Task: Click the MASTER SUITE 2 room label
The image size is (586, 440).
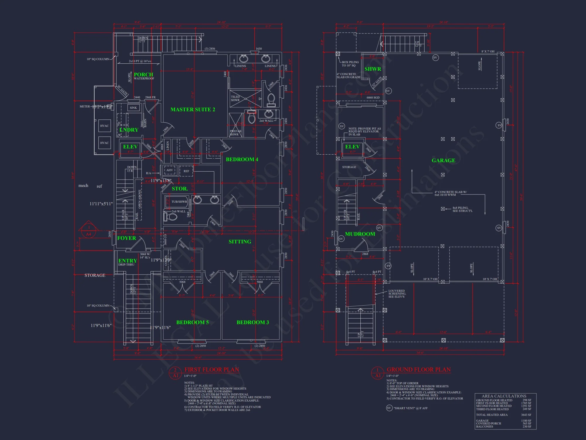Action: pyautogui.click(x=193, y=109)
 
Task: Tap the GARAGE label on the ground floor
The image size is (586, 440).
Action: pyautogui.click(x=443, y=160)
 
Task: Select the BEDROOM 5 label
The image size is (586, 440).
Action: pyautogui.click(x=192, y=322)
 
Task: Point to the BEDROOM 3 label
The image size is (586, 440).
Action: pyautogui.click(x=253, y=322)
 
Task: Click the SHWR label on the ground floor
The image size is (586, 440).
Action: pyautogui.click(x=373, y=69)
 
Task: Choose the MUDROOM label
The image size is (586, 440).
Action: pyautogui.click(x=360, y=234)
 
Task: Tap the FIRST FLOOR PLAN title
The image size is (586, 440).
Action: pyautogui.click(x=212, y=370)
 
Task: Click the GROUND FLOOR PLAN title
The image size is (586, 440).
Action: pyautogui.click(x=418, y=370)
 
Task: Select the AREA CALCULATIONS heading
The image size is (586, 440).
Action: pyautogui.click(x=504, y=396)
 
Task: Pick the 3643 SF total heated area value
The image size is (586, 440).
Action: pyautogui.click(x=526, y=415)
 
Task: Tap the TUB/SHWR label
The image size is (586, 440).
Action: pyautogui.click(x=179, y=202)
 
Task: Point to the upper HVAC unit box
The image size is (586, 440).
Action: pyautogui.click(x=105, y=126)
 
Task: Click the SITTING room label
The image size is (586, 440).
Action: pyautogui.click(x=240, y=242)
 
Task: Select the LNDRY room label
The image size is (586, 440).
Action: pyautogui.click(x=129, y=130)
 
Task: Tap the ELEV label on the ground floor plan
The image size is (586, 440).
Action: pyautogui.click(x=352, y=147)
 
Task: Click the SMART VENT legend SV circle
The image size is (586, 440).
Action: pyautogui.click(x=389, y=408)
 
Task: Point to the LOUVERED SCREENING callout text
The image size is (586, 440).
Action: pyautogui.click(x=397, y=294)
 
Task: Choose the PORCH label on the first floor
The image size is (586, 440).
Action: pyautogui.click(x=143, y=75)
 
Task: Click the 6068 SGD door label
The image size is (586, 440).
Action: pyautogui.click(x=373, y=98)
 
